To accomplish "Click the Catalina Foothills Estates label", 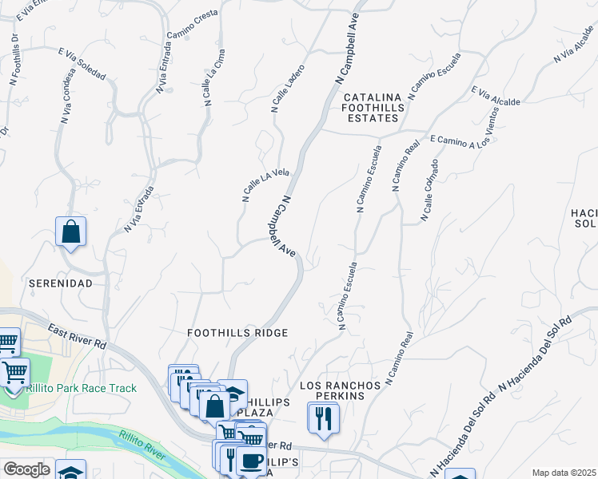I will coord(370,109).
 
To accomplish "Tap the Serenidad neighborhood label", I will coord(61,283).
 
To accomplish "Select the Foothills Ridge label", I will coord(237,332).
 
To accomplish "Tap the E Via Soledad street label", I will coord(82,63).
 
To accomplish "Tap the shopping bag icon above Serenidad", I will coord(71,232).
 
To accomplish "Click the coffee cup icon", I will coord(252,461).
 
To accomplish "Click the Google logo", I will coord(26,469).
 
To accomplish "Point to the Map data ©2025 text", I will coord(564,473).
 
